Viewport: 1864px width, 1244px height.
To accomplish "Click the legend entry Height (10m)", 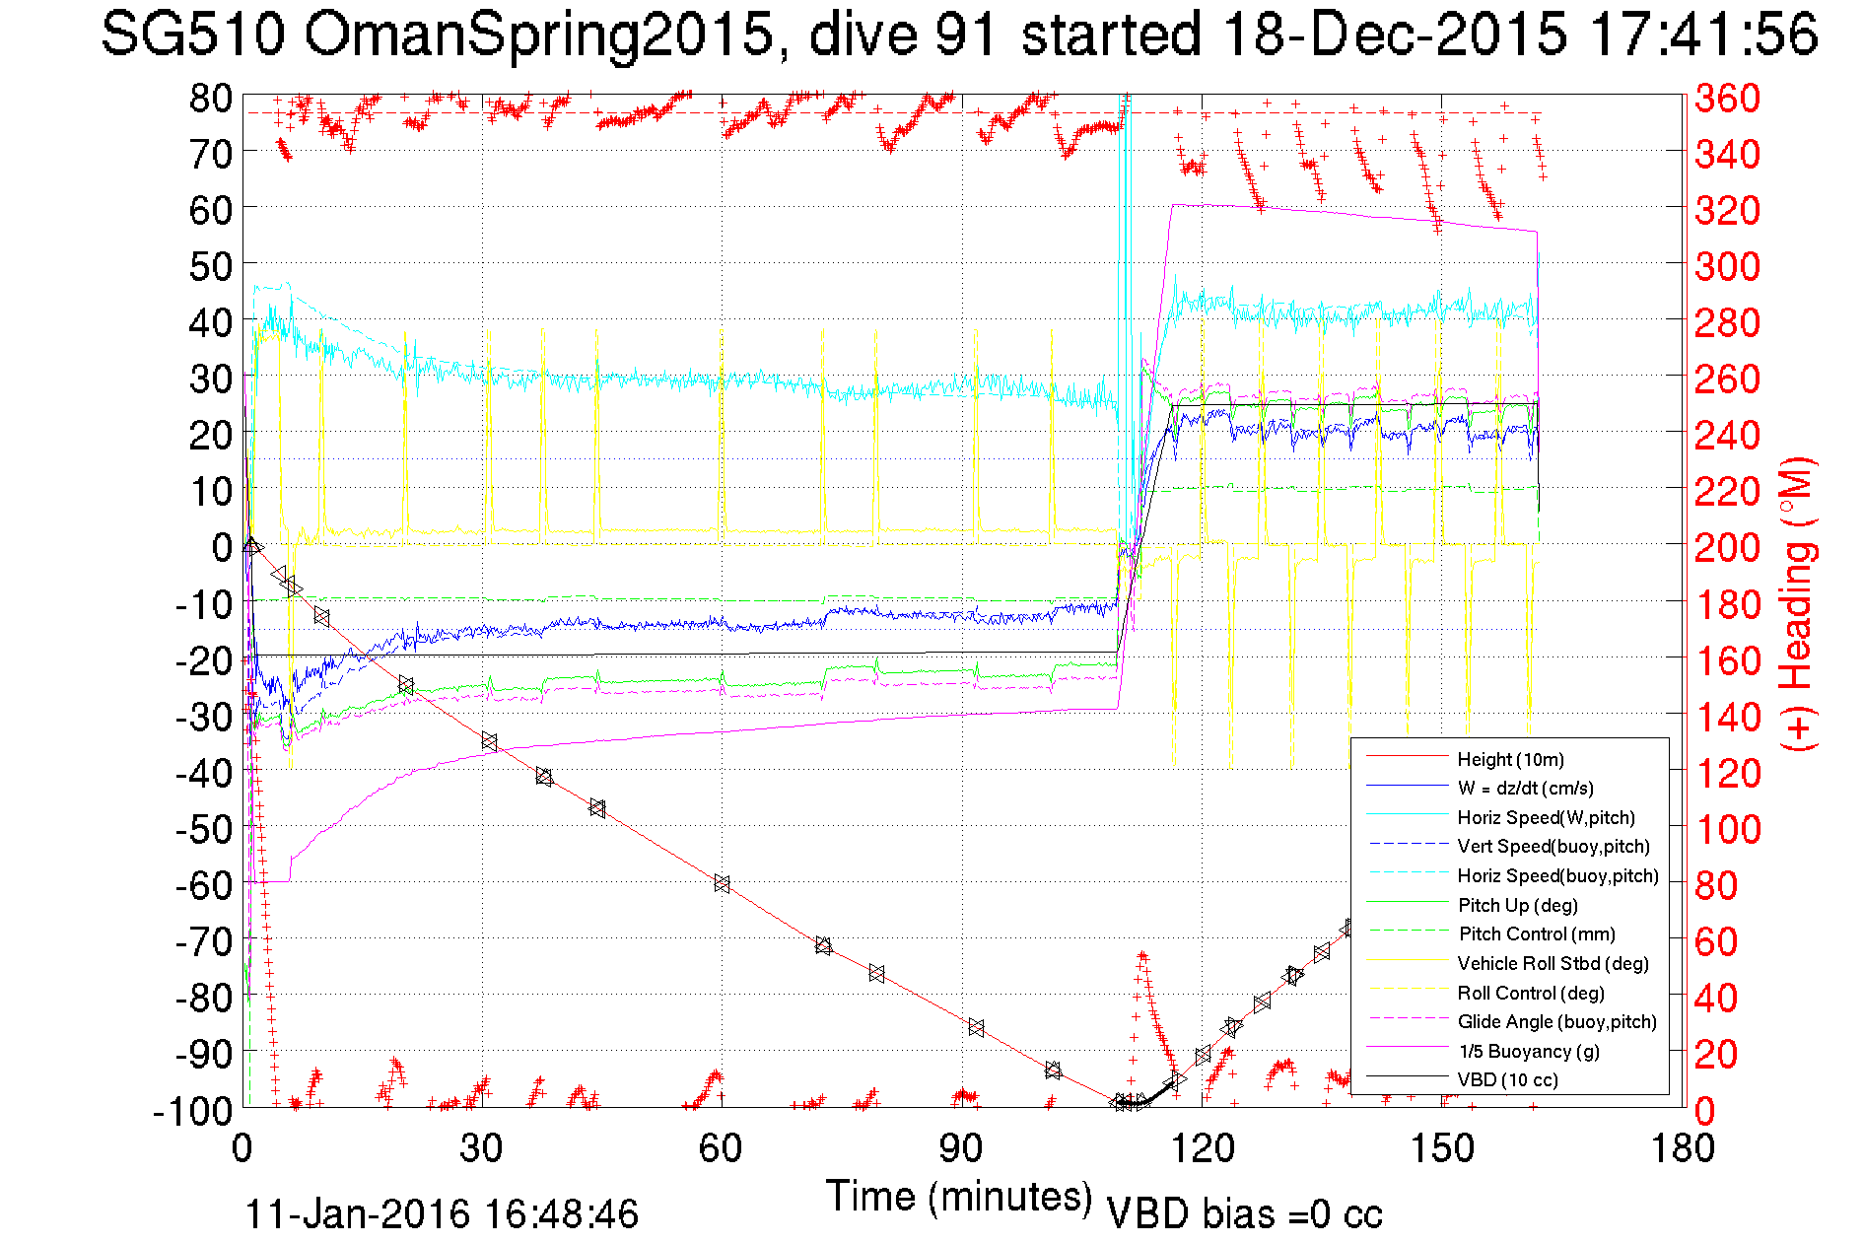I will point(1510,759).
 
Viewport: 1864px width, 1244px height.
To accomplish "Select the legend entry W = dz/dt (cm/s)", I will point(1525,788).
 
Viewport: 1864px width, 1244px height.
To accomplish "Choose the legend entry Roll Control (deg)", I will point(1530,993).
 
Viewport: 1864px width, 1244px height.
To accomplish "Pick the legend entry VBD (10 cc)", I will point(1508,1079).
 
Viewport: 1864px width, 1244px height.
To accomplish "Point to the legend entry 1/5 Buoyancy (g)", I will point(1529,1051).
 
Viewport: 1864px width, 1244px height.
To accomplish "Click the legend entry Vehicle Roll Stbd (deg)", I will point(1553,963).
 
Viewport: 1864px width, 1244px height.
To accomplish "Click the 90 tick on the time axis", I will point(961,1148).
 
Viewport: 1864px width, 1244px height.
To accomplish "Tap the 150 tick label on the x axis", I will point(1441,1148).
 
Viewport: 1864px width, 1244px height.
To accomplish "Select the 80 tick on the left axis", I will point(211,98).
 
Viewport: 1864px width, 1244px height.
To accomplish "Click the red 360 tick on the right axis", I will point(1727,98).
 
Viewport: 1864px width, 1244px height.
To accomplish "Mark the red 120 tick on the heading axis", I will point(1727,773).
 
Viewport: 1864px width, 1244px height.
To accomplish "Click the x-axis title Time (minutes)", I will point(959,1197).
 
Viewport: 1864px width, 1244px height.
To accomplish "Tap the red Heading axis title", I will point(1796,603).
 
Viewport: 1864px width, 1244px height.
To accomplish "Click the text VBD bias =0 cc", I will point(1244,1213).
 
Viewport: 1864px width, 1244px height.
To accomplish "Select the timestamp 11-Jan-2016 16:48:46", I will point(442,1213).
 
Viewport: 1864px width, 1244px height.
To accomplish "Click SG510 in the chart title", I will point(193,35).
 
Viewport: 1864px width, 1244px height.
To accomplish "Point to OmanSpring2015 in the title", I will point(538,35).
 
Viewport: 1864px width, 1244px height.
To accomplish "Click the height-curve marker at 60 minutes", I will point(722,883).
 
